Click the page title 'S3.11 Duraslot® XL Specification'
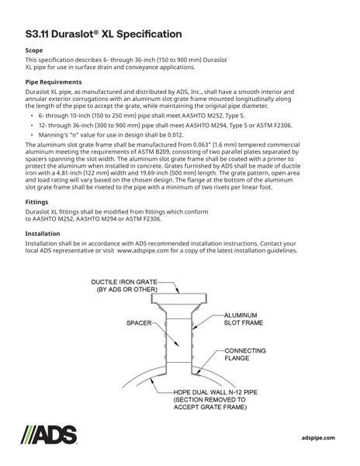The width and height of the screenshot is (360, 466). click(103, 33)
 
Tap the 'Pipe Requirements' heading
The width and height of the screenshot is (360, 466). click(54, 82)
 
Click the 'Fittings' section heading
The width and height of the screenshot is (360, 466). click(37, 201)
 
